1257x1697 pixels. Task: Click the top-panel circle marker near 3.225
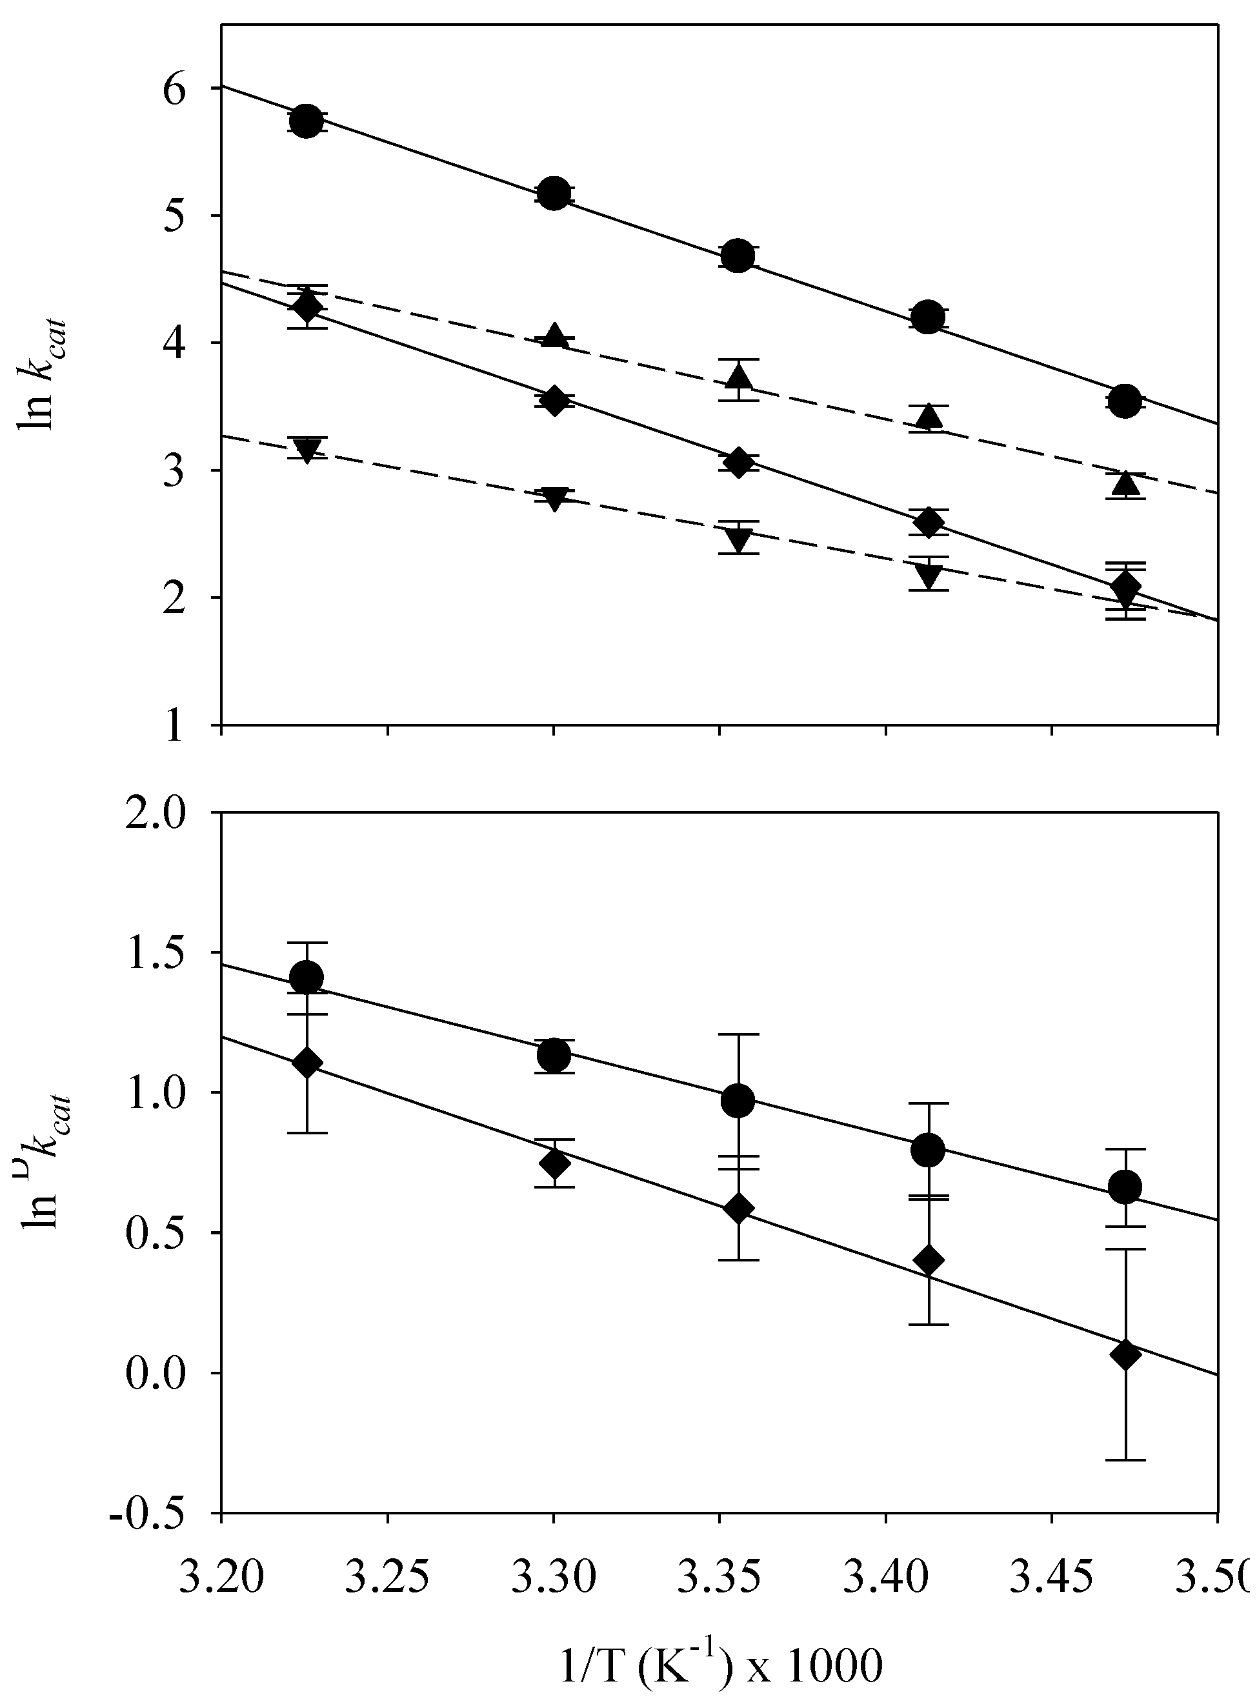coord(306,121)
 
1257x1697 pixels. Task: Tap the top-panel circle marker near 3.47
coord(1125,401)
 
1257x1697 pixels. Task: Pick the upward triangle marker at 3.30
coord(555,336)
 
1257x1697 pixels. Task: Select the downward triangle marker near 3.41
coord(927,577)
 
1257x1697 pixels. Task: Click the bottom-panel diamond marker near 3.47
coord(1125,1356)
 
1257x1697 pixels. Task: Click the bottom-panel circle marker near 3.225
coord(307,978)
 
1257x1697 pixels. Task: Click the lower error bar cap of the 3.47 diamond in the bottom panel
coord(1125,1460)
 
